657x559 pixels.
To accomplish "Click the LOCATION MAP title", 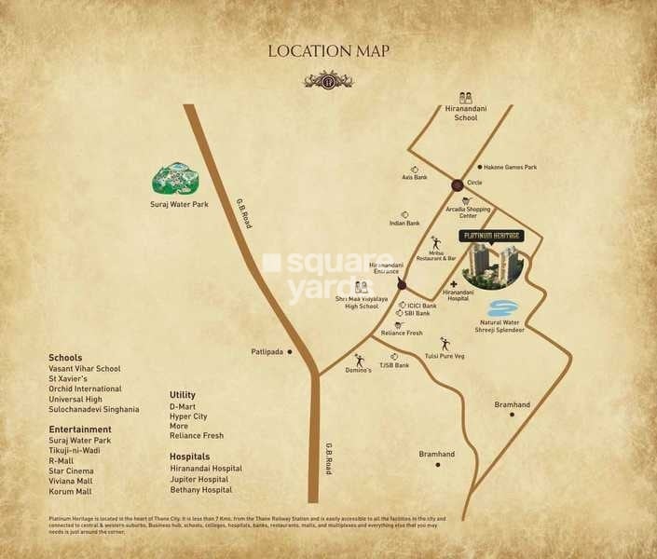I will coord(328,51).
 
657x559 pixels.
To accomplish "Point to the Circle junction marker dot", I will coord(458,184).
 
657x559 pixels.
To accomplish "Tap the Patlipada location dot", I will coord(290,352).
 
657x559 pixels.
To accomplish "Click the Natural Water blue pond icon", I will coord(503,308).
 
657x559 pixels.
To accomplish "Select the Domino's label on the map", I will coord(359,370).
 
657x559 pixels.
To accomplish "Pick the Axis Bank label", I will coord(414,177).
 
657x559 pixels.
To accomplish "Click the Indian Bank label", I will coord(404,224).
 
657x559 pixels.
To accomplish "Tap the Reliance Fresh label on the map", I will coord(402,333).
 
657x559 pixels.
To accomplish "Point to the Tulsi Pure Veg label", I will coord(444,356).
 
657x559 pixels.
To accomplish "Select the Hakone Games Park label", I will coord(511,168).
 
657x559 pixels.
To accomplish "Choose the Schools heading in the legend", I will coord(65,358).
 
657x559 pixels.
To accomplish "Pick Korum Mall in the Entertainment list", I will coord(72,491).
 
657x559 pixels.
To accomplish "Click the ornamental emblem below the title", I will coord(328,80).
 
